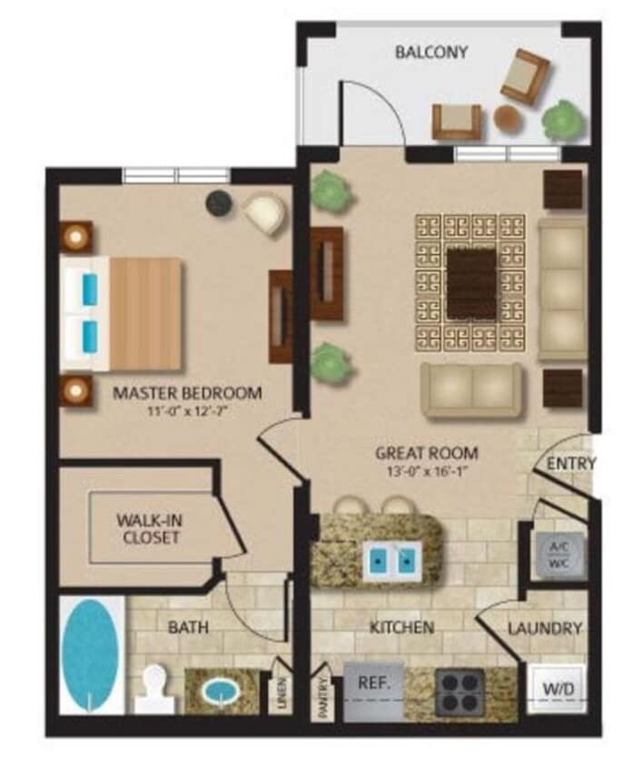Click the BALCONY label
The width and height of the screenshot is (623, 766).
tap(431, 52)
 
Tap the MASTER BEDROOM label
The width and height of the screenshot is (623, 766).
tap(188, 394)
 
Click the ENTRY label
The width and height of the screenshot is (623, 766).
tap(571, 464)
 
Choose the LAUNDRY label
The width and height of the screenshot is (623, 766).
tap(544, 627)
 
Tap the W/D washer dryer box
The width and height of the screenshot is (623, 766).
tap(557, 691)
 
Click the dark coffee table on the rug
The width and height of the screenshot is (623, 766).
tap(471, 283)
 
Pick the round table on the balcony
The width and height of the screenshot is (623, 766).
tap(507, 118)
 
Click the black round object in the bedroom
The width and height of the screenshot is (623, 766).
tap(217, 203)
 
